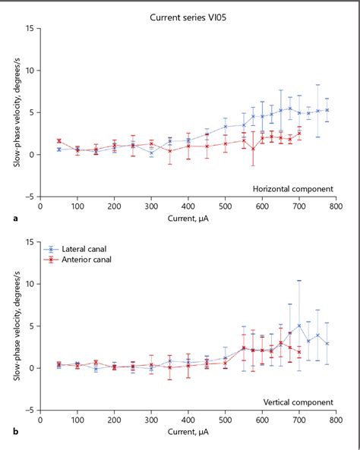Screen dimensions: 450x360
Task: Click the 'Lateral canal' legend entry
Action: pos(86,249)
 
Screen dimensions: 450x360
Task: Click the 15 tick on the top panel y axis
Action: pos(28,29)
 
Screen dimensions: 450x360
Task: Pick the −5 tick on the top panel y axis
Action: pos(28,196)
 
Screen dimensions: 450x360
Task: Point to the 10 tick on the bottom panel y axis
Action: pos(28,284)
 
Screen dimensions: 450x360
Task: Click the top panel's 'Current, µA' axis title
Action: pos(188,219)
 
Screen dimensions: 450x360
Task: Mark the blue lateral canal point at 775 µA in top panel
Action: pos(327,110)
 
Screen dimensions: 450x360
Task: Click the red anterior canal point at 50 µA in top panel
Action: pos(59,141)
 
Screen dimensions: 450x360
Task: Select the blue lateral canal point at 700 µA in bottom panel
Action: pos(299,326)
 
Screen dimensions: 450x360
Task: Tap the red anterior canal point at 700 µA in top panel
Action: pos(299,134)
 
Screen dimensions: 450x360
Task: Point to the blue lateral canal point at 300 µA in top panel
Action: pos(151,153)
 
